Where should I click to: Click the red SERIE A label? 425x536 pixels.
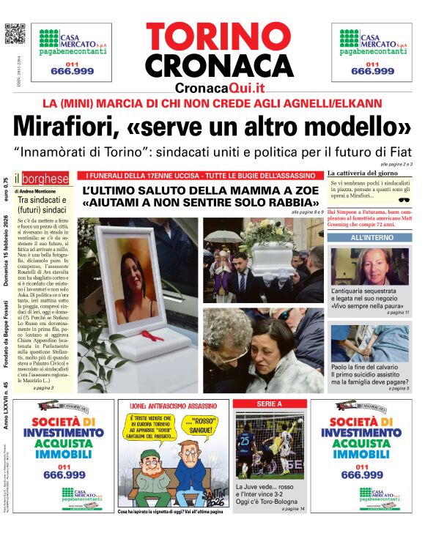pyautogui.click(x=269, y=403)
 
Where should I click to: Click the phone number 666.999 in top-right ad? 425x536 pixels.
pyautogui.click(x=372, y=71)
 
